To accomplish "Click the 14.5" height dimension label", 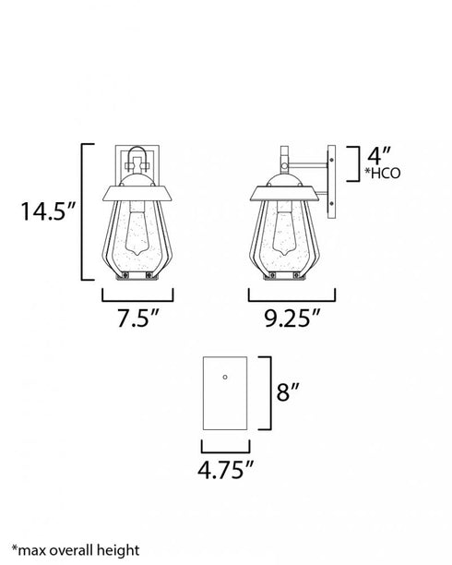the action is [48, 210].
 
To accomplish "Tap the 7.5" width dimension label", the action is [138, 318].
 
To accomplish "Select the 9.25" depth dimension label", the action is [292, 318].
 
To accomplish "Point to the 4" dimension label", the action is [378, 156].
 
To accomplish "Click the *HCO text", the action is [383, 174].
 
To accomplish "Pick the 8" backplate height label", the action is [288, 391].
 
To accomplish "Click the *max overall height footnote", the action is [76, 550].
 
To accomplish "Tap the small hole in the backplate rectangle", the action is [225, 378].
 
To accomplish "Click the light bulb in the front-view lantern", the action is [138, 231].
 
